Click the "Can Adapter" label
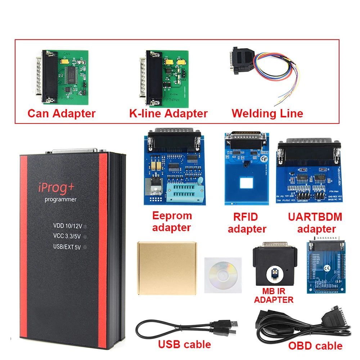click(62, 113)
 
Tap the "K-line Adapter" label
click(168, 113)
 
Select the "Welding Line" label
click(267, 113)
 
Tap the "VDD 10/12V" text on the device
click(68, 226)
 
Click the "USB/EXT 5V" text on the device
click(68, 247)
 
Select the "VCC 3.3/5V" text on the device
click(68, 237)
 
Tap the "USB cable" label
click(184, 345)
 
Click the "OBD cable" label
click(315, 346)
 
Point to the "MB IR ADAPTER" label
click(274, 296)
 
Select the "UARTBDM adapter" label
click(315, 222)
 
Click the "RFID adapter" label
click(247, 222)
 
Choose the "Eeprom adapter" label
click(172, 221)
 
